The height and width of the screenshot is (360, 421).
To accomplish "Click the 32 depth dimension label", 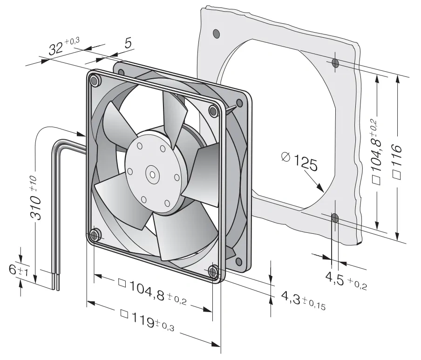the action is click(64, 46).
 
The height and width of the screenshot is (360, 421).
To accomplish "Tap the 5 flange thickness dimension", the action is click(128, 43).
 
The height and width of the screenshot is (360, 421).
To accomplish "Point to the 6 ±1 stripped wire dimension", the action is click(18, 270).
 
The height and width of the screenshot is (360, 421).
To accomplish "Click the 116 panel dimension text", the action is click(397, 161).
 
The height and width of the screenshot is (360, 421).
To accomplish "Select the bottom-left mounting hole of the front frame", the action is click(94, 235).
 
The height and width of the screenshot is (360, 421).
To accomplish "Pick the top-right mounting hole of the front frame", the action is click(214, 110).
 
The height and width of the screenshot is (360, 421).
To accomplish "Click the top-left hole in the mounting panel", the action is click(216, 34).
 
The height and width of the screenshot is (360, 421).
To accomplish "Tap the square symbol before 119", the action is click(124, 313).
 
